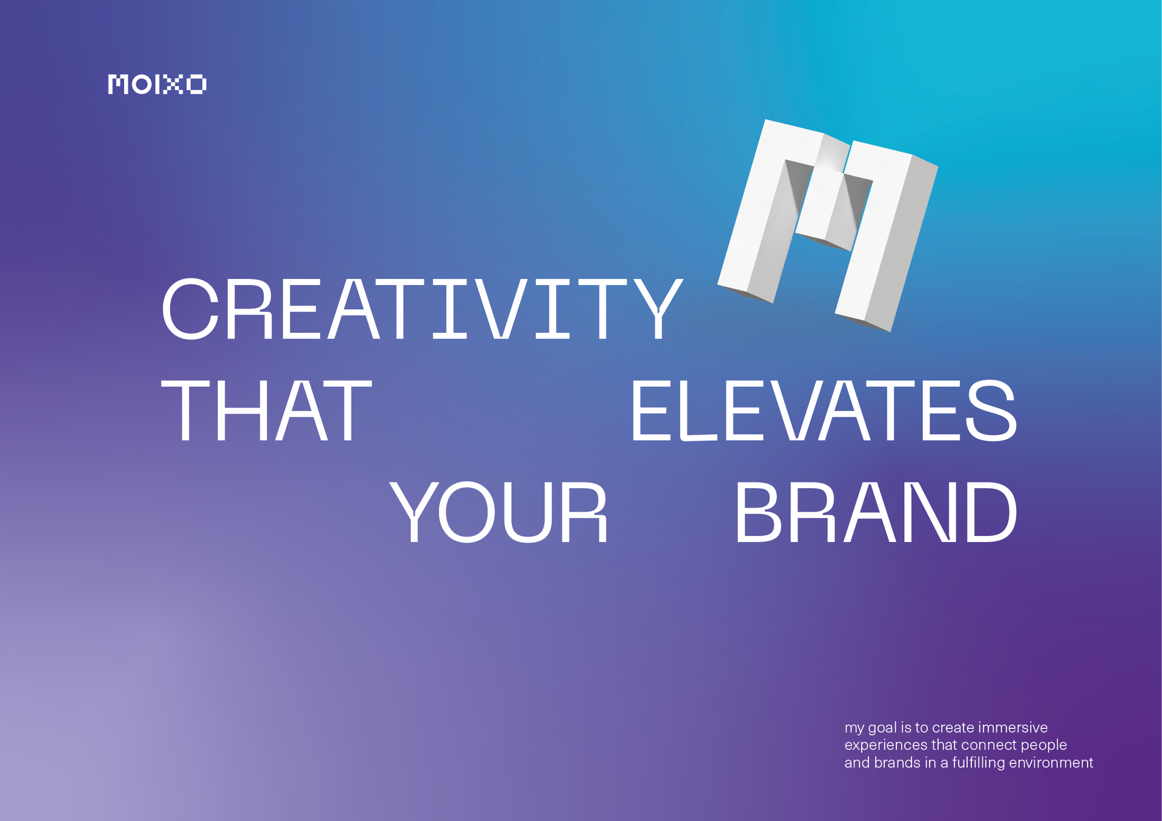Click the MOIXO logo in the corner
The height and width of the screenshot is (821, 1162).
pos(157,84)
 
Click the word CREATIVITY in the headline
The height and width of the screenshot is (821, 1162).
pos(422,309)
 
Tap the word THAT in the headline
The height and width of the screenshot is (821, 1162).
pos(266,411)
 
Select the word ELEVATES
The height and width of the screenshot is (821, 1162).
pos(824,411)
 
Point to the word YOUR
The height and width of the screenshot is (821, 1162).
pos(499,512)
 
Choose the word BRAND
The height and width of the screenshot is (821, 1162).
pos(876,512)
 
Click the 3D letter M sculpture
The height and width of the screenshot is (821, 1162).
pos(828,225)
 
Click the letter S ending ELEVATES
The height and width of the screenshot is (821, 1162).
pos(991,411)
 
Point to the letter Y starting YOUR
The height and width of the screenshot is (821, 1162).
pos(414,512)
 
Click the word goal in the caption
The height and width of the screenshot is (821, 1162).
pos(882,728)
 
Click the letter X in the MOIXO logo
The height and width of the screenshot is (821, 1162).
pos(173,84)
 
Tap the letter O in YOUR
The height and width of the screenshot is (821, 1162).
pos(465,512)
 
